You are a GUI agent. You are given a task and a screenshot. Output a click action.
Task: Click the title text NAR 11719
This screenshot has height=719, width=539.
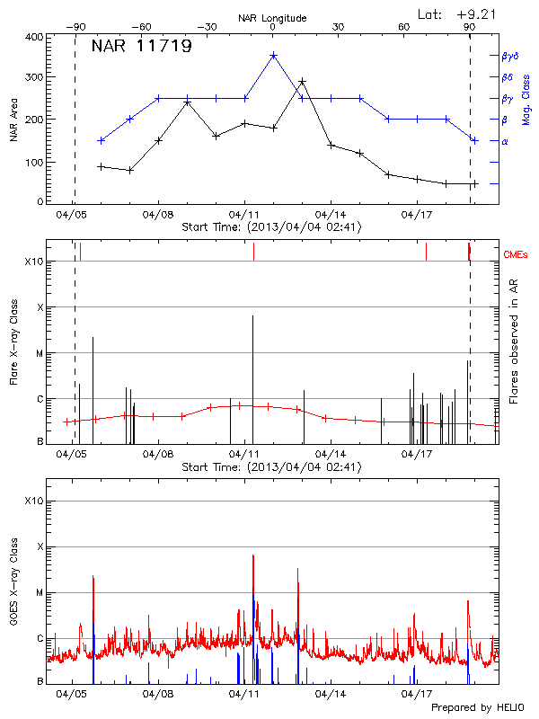pos(142,47)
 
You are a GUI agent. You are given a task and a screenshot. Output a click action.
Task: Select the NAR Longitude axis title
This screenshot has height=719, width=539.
pos(272,18)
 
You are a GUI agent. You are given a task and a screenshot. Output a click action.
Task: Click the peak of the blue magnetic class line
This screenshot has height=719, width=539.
pos(273,56)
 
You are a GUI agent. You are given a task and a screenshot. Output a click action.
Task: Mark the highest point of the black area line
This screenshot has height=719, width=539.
pos(302,82)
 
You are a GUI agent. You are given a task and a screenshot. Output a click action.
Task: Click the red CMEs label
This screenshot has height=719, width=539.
pos(516,256)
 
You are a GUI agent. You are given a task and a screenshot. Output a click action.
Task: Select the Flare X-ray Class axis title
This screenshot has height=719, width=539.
pos(15,342)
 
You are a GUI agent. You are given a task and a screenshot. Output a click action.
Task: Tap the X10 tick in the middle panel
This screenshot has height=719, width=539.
pos(34,262)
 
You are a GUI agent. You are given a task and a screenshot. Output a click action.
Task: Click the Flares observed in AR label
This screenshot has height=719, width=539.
pos(514,342)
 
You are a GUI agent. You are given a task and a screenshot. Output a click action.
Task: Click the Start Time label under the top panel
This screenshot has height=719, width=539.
pos(271,227)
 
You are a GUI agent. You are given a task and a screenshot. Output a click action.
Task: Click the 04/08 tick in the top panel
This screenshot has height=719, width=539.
pos(158,216)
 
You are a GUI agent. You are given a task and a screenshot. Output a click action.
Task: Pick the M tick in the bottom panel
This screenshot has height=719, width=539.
pos(39,592)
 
